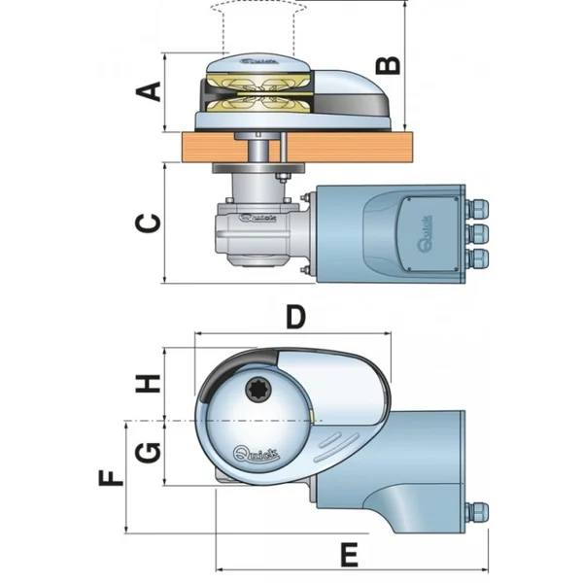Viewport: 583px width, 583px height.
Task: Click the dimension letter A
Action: tap(149, 92)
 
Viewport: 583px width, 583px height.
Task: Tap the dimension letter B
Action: tap(388, 65)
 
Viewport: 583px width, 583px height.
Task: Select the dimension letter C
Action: tap(147, 223)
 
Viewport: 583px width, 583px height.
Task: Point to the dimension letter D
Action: tap(295, 317)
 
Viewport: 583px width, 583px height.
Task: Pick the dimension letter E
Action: tap(350, 555)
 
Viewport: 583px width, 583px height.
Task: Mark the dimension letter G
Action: tap(147, 453)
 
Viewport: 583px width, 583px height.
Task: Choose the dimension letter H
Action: tap(147, 383)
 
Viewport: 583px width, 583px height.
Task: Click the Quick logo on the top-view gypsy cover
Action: tap(255, 452)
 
